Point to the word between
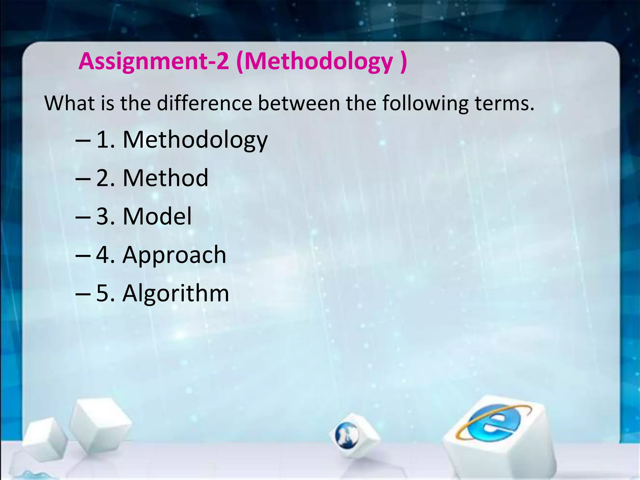[x=299, y=103]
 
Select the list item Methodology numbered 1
[x=195, y=140]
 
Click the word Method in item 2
[x=165, y=178]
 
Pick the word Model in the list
[x=157, y=216]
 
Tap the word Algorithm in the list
[x=176, y=293]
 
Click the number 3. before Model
[x=105, y=216]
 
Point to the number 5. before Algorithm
[x=105, y=293]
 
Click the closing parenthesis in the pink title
[x=403, y=62]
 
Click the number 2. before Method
[x=105, y=178]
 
